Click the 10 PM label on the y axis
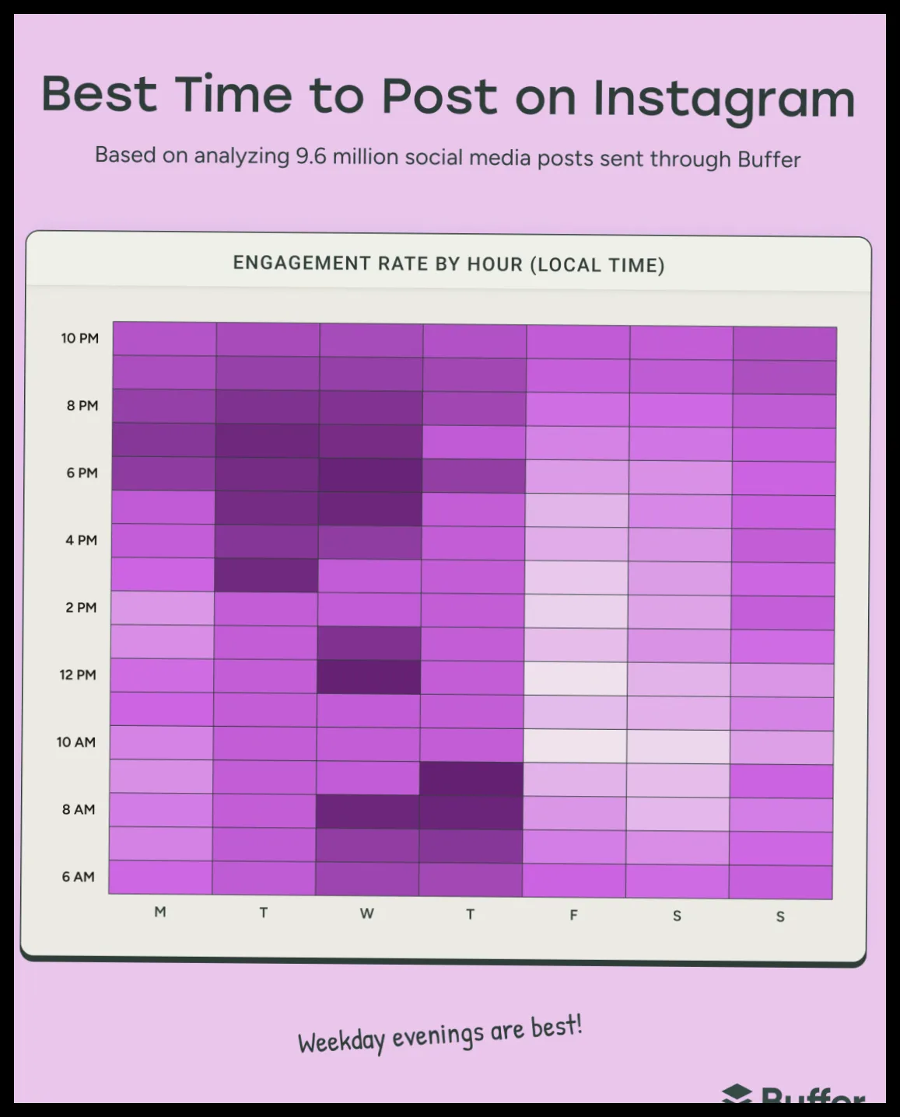point(79,338)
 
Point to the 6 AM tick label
point(79,877)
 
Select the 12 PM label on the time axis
point(78,675)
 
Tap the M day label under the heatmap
point(160,912)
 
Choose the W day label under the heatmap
point(367,913)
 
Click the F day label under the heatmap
point(573,915)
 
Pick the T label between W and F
point(471,914)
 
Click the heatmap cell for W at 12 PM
point(369,677)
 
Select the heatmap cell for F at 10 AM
point(575,746)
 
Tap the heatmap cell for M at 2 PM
point(162,608)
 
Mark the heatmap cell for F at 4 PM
point(576,544)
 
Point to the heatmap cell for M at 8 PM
point(164,406)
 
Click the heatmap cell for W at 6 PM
point(370,476)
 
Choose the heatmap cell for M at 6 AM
point(160,877)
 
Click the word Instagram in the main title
point(724,100)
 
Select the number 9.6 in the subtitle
point(311,156)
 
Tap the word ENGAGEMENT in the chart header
point(302,263)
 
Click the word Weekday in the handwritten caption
point(341,1042)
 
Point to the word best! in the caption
point(556,1027)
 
